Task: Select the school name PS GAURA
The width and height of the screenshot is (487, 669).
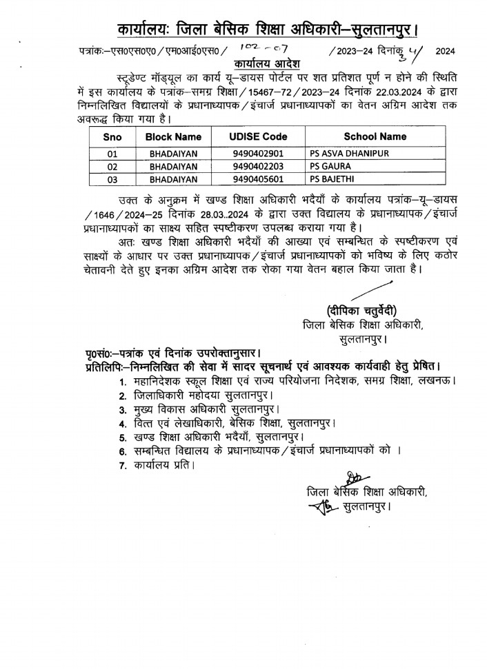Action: tap(330, 167)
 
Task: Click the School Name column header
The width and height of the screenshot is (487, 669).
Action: tap(375, 136)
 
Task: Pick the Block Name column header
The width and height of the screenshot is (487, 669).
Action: tap(173, 136)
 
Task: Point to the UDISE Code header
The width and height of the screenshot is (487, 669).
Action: tap(258, 136)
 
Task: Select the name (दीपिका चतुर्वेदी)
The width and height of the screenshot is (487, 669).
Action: tap(362, 309)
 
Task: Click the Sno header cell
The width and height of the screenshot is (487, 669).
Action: tap(112, 136)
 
